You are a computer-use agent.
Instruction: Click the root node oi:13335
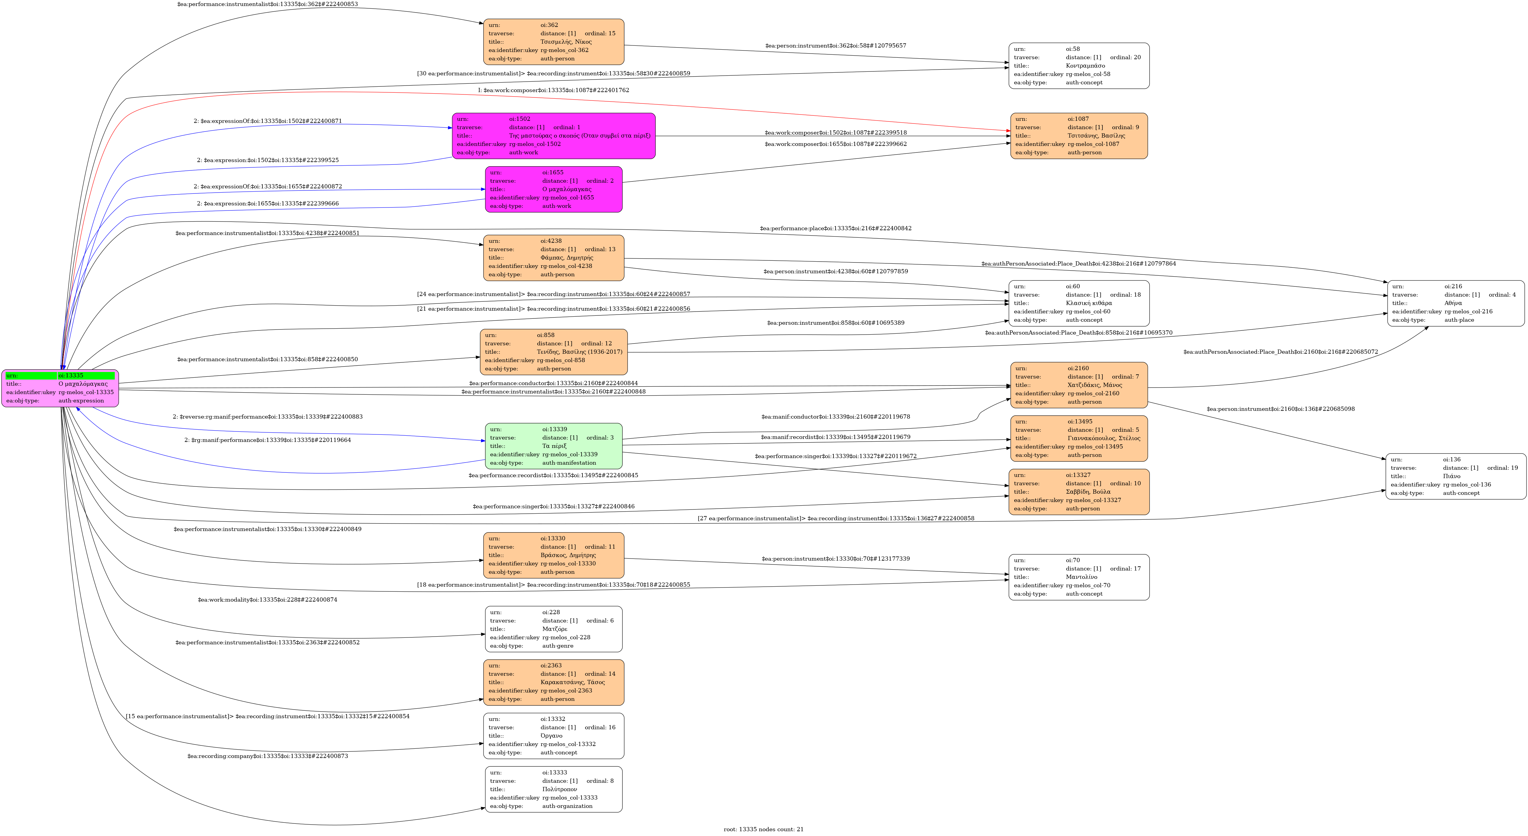(x=60, y=388)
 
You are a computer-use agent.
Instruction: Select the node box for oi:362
(x=553, y=42)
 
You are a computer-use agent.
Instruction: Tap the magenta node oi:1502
(x=553, y=136)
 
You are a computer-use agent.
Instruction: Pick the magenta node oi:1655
(x=553, y=189)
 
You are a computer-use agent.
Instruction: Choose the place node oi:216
(x=1455, y=303)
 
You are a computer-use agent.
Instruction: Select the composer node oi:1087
(x=1078, y=136)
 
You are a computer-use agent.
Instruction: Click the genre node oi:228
(x=553, y=629)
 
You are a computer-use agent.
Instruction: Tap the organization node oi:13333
(x=553, y=789)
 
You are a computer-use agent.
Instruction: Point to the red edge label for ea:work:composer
(x=553, y=90)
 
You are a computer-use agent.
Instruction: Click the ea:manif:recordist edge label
(x=835, y=437)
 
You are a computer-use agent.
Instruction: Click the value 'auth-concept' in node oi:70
(x=1084, y=594)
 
